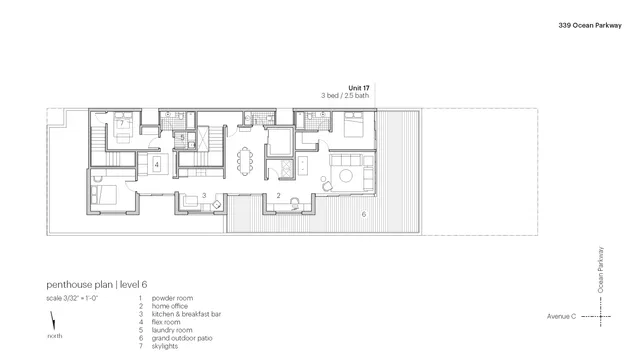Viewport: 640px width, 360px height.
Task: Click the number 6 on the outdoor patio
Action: [363, 213]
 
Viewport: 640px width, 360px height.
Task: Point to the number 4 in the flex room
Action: [156, 165]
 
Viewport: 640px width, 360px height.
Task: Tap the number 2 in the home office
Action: [279, 195]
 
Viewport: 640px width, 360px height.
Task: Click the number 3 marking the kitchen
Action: [204, 195]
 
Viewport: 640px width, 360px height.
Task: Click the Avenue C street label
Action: [561, 317]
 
